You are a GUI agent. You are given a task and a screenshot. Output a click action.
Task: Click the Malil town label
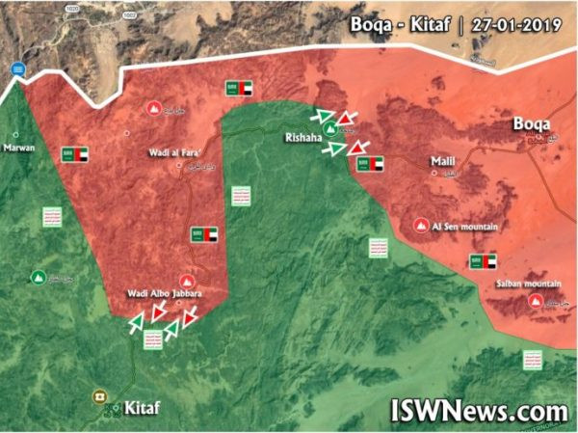[442, 163]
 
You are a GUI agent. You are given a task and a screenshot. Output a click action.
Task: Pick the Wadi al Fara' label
[159, 151]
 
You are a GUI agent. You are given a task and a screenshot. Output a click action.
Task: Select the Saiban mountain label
[528, 284]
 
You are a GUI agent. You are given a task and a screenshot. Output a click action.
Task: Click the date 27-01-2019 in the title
[516, 25]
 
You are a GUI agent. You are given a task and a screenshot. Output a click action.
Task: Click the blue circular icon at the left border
[18, 68]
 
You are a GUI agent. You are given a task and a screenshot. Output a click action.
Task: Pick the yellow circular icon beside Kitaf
[98, 396]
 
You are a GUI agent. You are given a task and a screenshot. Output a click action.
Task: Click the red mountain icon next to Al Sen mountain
[420, 226]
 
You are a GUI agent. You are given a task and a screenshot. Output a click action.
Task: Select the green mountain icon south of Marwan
[39, 279]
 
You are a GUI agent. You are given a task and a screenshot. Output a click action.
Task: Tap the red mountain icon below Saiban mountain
[536, 303]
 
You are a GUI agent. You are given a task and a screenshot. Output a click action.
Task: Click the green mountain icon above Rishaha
[330, 128]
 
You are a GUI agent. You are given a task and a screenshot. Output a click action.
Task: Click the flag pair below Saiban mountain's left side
[482, 261]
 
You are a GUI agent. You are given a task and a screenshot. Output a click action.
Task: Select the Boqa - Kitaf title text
[405, 25]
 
